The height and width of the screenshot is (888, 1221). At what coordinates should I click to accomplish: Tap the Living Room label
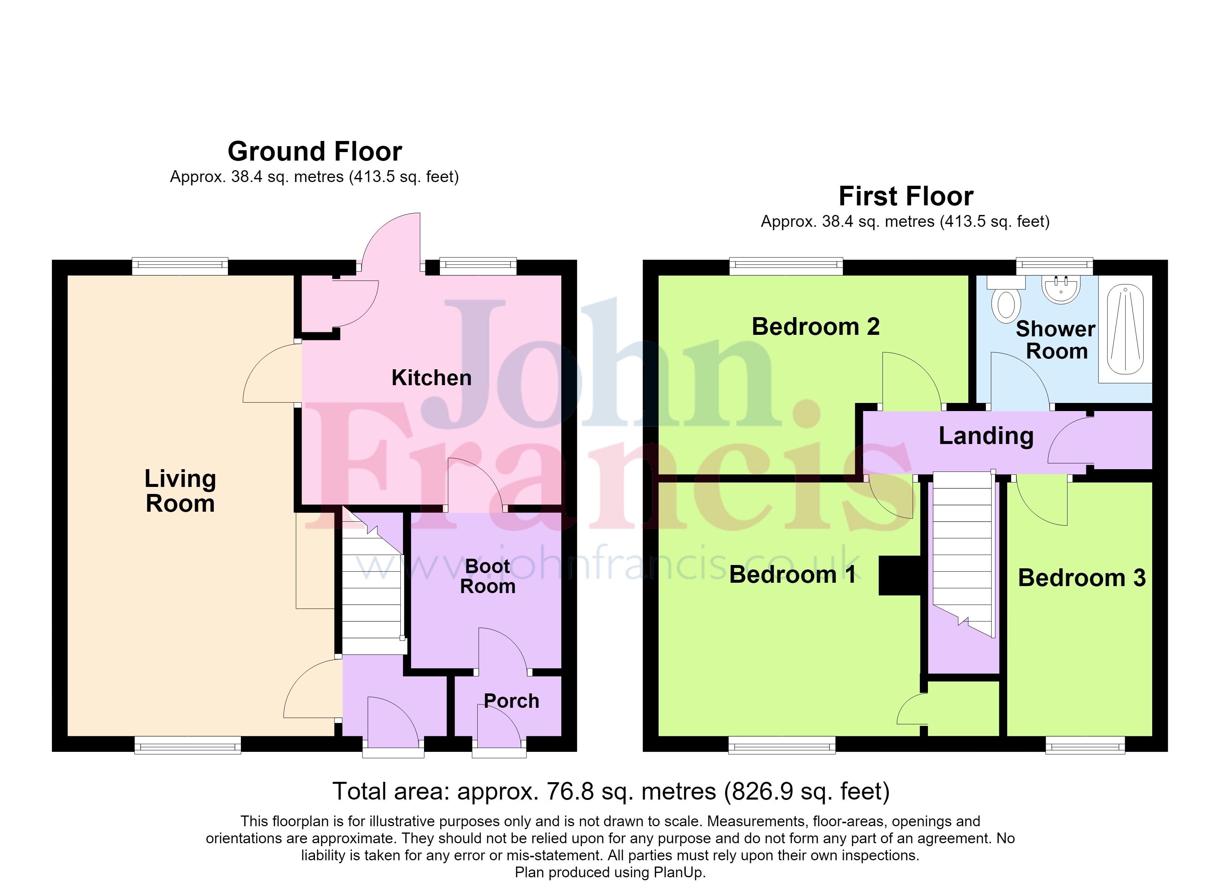click(x=180, y=491)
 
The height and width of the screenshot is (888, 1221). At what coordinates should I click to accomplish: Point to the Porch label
click(x=511, y=701)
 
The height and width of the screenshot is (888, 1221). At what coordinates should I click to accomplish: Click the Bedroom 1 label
click(x=793, y=575)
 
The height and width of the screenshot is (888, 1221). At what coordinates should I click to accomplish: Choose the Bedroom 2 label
click(x=815, y=326)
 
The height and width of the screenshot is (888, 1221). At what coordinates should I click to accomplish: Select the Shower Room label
click(x=1056, y=340)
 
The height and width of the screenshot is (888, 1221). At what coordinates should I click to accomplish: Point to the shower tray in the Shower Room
click(x=1125, y=330)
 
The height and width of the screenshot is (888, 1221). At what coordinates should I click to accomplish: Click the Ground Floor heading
click(x=315, y=151)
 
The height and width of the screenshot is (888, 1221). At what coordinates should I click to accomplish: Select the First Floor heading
click(x=906, y=196)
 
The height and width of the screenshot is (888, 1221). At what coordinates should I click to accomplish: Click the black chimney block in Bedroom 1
click(x=899, y=576)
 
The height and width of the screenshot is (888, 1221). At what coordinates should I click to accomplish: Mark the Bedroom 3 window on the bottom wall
click(x=1085, y=745)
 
